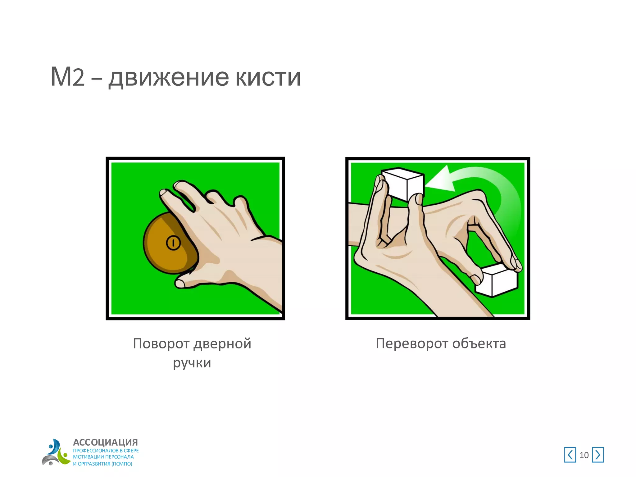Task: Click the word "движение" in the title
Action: click(169, 78)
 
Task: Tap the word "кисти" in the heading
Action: click(268, 78)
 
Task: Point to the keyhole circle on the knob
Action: click(173, 243)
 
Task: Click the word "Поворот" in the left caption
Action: click(161, 344)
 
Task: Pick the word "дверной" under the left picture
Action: click(222, 344)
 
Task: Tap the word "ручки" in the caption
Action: click(192, 363)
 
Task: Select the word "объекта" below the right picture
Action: click(479, 344)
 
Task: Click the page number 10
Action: click(584, 455)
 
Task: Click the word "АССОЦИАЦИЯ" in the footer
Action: click(105, 442)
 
